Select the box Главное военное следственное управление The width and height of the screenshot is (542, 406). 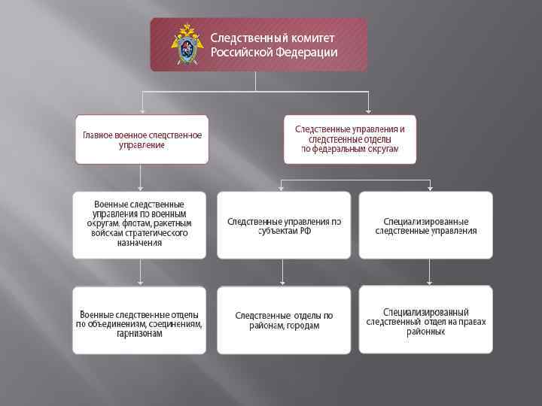[x=142, y=139]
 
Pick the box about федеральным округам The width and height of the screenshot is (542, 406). [x=349, y=139]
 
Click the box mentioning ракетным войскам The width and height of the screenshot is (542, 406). [x=139, y=225]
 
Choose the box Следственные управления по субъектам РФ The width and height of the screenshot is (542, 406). [x=285, y=225]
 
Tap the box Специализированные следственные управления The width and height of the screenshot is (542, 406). [x=426, y=225]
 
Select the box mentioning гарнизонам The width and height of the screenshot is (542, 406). [x=139, y=320]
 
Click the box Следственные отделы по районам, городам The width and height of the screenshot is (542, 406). [x=285, y=320]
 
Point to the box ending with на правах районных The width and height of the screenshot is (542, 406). [x=426, y=320]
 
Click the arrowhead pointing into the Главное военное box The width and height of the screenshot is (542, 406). [x=142, y=110]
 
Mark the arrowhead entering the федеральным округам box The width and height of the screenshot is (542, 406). [x=368, y=110]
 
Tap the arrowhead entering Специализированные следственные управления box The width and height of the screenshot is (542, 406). [x=430, y=187]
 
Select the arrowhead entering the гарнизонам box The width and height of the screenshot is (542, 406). [x=140, y=283]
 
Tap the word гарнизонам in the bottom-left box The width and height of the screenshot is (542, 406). [x=139, y=333]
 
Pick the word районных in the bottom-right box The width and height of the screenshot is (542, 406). [x=426, y=332]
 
